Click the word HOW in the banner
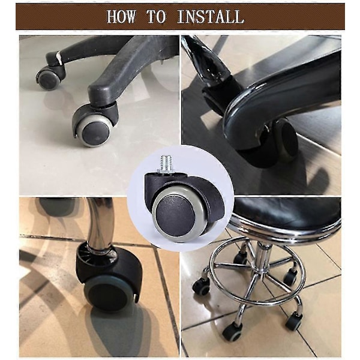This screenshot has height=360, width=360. [x=121, y=17]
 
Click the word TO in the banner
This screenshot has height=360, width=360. [x=156, y=17]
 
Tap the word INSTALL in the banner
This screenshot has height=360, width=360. [x=210, y=17]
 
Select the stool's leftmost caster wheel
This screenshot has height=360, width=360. [x=201, y=286]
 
